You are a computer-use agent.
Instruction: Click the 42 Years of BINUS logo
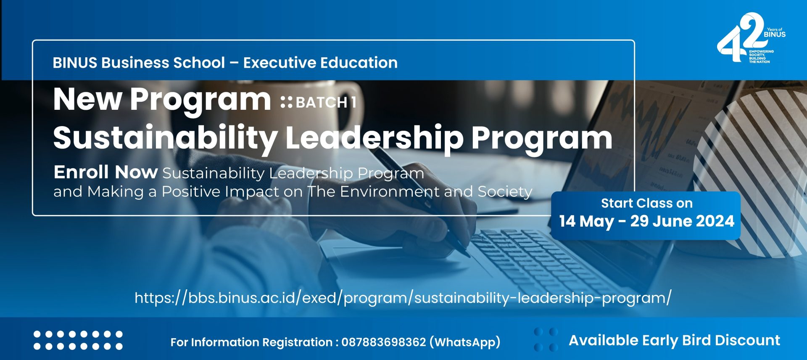tap(751, 38)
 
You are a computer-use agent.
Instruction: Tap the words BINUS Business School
tap(139, 63)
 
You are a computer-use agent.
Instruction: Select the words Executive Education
tap(320, 63)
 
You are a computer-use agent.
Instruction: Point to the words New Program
tap(162, 100)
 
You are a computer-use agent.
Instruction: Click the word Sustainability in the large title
tap(165, 138)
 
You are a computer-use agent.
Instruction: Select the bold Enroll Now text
tap(105, 172)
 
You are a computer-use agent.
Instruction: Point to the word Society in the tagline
tap(505, 192)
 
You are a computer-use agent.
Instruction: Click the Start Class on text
tap(646, 203)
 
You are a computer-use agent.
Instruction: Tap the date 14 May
tap(586, 221)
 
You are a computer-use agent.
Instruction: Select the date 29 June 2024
tap(682, 221)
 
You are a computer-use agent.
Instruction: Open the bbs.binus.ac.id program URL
tap(403, 298)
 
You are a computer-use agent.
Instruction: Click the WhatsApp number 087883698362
tap(384, 342)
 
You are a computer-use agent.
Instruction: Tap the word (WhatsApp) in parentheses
tap(465, 342)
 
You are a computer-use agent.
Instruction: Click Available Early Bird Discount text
tap(674, 340)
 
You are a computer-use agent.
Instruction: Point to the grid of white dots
tap(78, 340)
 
